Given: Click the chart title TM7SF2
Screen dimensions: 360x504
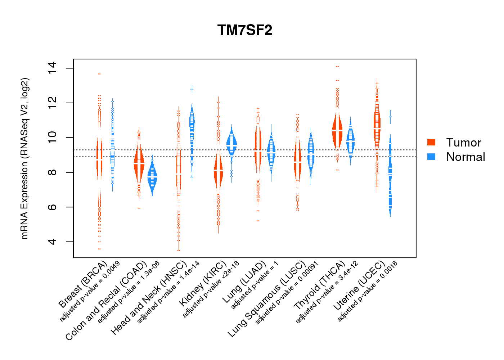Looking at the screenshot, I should pyautogui.click(x=245, y=30).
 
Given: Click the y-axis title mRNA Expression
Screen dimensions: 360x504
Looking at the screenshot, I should pyautogui.click(x=24, y=158).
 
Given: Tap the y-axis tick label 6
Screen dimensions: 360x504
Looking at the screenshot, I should pyautogui.click(x=53, y=207).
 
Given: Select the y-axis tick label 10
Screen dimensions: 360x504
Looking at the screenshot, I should pyautogui.click(x=53, y=138).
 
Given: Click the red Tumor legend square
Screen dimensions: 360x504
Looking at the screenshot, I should pyautogui.click(x=431, y=142).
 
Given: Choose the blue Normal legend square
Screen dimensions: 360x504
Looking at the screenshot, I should pyautogui.click(x=431, y=157).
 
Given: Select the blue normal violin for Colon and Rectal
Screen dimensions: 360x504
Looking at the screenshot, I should pyautogui.click(x=152, y=176).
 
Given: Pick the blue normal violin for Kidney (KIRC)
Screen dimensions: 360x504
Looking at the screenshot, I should pyautogui.click(x=231, y=144).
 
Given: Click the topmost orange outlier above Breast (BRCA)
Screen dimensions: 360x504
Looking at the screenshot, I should pyautogui.click(x=99, y=74).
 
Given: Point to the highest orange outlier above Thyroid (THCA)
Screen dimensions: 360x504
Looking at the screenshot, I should pyautogui.click(x=337, y=67).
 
